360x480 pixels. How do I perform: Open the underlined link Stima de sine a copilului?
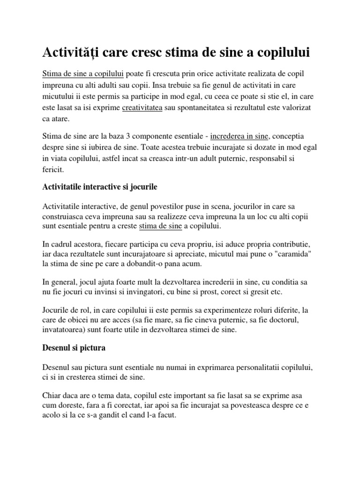pos(83,75)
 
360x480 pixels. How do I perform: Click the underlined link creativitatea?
pos(142,108)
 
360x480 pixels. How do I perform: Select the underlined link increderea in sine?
pos(239,136)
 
